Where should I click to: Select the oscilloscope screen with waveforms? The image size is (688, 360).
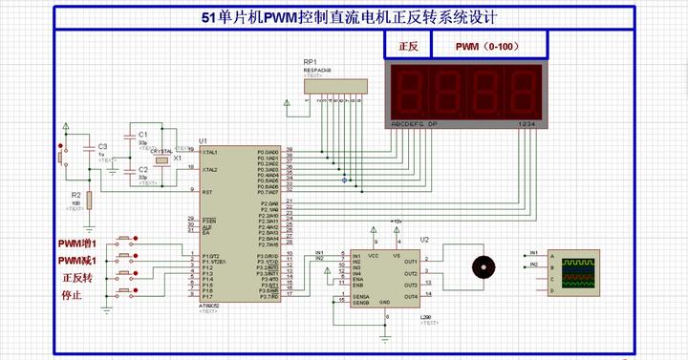(x=578, y=271)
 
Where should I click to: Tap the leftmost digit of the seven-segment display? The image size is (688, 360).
(x=407, y=92)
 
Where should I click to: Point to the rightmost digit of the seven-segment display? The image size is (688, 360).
(x=521, y=92)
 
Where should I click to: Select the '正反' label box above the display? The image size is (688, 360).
(x=408, y=45)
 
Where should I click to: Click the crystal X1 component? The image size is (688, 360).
(x=162, y=159)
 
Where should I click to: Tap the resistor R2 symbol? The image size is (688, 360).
(x=88, y=200)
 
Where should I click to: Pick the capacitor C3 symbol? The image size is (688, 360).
(x=88, y=151)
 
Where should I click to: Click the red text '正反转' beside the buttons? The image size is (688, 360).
(x=76, y=278)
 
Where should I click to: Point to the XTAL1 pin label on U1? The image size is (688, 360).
(x=208, y=152)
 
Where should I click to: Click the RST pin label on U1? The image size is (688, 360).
(x=204, y=190)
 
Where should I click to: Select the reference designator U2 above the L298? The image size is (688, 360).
(x=425, y=240)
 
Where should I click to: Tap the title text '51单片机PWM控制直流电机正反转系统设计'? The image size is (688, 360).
(x=343, y=18)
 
